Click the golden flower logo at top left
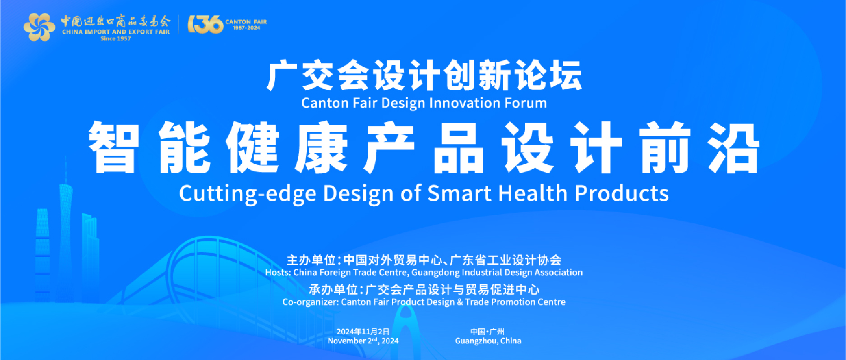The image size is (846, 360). click(39, 27)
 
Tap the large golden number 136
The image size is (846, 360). click(205, 24)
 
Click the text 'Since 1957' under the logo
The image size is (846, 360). click(116, 39)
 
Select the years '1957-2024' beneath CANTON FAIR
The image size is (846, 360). click(246, 28)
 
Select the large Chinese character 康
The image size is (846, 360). click(321, 148)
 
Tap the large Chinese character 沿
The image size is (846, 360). click(734, 148)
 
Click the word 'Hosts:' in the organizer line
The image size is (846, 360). click(278, 272)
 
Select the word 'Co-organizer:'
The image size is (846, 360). click(310, 302)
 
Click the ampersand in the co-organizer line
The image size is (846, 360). click(460, 302)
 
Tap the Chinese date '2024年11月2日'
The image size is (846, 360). click(363, 332)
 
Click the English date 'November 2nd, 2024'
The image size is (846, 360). click(363, 341)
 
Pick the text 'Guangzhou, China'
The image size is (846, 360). click(488, 341)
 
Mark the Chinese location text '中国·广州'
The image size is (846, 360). click(487, 332)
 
